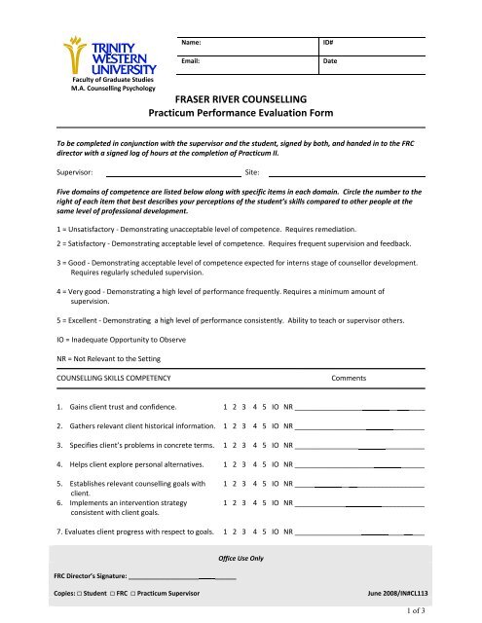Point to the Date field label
tap(331, 61)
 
